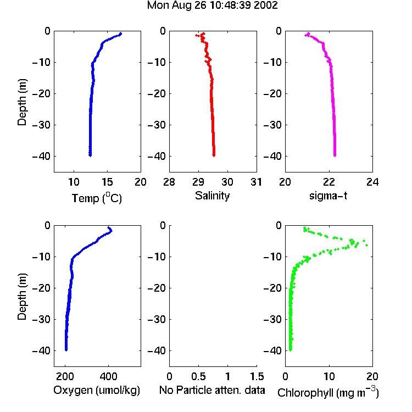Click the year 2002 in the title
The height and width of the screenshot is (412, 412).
(266, 5)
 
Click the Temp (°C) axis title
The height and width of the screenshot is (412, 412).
(97, 198)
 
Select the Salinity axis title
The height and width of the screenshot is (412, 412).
(212, 196)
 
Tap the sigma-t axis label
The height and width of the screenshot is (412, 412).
(328, 196)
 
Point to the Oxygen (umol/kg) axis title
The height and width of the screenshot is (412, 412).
(97, 390)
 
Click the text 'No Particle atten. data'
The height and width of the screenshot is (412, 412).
(212, 390)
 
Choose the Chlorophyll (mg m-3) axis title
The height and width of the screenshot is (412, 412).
(328, 392)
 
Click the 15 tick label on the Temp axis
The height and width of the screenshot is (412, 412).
(107, 182)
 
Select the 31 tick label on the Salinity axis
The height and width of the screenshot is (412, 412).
(256, 182)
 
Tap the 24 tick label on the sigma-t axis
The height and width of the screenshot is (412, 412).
(372, 182)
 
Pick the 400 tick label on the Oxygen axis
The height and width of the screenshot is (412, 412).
(109, 376)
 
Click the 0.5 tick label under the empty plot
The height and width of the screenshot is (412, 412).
(198, 376)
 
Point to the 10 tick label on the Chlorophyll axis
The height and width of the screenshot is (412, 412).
(329, 376)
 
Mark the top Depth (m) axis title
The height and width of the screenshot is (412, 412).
(22, 102)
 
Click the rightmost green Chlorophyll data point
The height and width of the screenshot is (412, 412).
(367, 245)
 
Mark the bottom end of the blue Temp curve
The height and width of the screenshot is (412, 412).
(90, 155)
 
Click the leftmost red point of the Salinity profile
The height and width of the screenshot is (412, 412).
(196, 35)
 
